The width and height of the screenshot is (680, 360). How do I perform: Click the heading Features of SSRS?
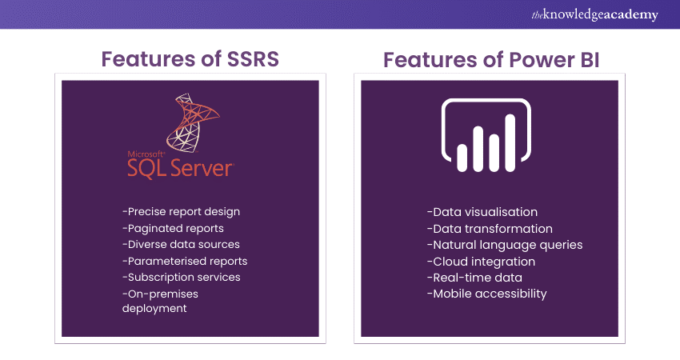[x=190, y=59]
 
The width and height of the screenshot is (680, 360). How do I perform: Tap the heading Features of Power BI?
[x=490, y=59]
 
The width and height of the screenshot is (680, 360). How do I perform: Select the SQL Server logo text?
[x=180, y=167]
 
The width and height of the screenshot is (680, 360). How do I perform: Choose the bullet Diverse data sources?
[x=181, y=244]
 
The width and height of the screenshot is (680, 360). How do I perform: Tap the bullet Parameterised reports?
[x=185, y=261]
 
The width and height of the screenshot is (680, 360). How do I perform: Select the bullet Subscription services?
[x=182, y=277]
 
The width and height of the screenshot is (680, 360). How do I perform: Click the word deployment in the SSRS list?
[x=154, y=309]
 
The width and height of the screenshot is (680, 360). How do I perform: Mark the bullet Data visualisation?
[x=482, y=212]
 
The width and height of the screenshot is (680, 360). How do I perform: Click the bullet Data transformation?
[x=489, y=229]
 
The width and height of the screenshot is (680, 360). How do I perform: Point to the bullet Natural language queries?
[x=504, y=245]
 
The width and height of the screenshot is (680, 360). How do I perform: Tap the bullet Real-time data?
[x=474, y=278]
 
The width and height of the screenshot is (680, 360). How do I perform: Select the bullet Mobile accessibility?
[x=486, y=294]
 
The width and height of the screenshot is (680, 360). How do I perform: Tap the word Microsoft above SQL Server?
[x=146, y=153]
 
